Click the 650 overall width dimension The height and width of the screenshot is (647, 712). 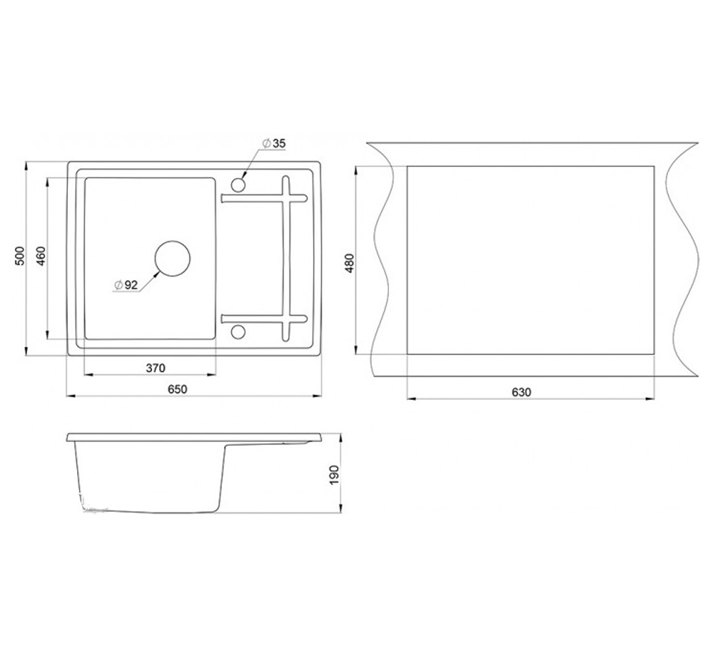click(x=177, y=389)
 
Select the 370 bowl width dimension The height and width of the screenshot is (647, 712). click(x=155, y=367)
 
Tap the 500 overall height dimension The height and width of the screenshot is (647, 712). click(x=19, y=256)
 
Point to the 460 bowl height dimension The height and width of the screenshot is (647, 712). click(x=41, y=256)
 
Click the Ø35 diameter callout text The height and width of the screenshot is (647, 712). click(x=274, y=143)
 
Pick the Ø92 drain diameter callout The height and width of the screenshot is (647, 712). click(x=126, y=285)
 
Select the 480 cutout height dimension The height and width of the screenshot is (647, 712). click(x=349, y=263)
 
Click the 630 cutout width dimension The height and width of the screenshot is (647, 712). click(x=521, y=392)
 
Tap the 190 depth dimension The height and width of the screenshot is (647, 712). click(x=335, y=474)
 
